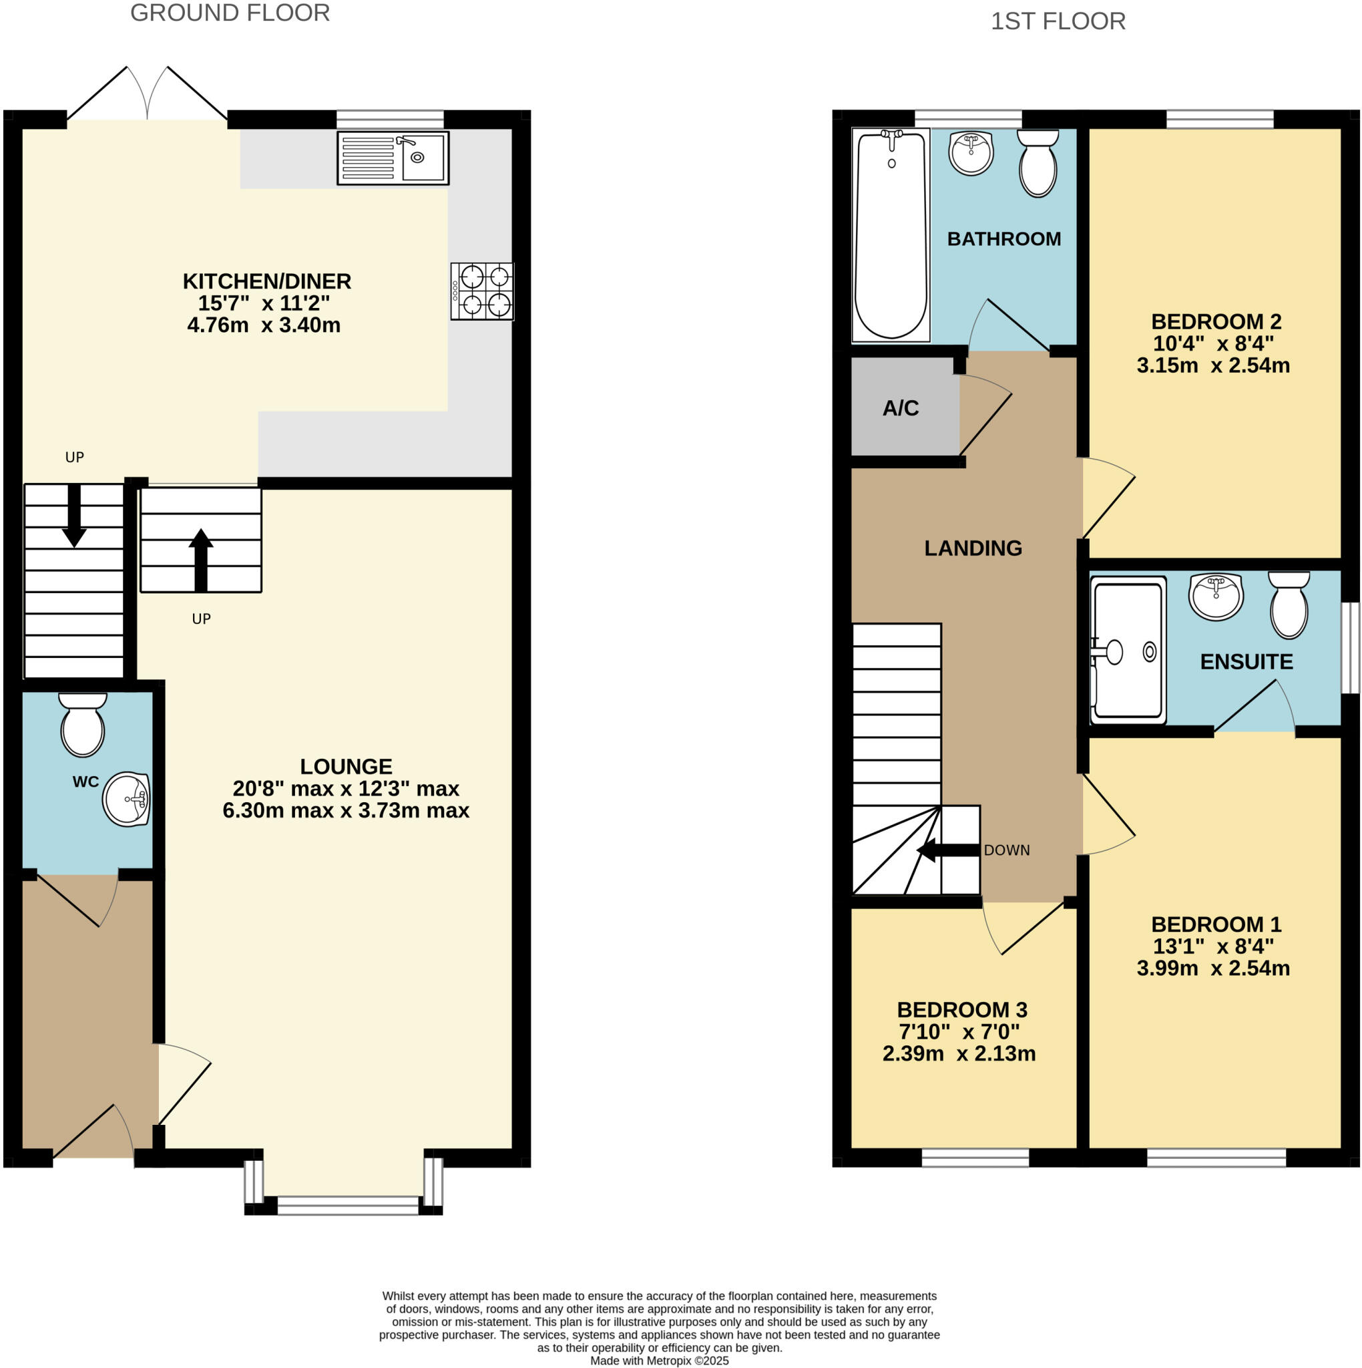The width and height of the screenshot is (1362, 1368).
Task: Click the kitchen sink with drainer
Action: [x=393, y=158]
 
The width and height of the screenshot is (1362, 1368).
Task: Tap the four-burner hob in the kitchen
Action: [x=482, y=291]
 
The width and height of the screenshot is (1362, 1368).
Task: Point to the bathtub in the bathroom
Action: [x=891, y=235]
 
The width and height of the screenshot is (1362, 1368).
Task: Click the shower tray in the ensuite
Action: [x=1128, y=650]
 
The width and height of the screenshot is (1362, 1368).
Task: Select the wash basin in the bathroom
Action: [x=971, y=152]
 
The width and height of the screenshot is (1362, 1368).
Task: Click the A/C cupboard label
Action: [x=901, y=408]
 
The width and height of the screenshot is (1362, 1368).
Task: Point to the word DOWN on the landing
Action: [x=1006, y=850]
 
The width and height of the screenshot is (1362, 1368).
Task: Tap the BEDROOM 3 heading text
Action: [x=961, y=1010]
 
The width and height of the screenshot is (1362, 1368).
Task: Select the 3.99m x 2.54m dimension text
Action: [x=1212, y=968]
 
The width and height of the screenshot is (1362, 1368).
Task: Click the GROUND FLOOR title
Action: [x=230, y=13]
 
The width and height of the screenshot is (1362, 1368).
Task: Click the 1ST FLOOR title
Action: [x=1058, y=21]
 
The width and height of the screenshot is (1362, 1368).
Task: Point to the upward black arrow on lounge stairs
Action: [x=201, y=559]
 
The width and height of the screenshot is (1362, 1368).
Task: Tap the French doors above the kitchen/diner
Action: [x=148, y=96]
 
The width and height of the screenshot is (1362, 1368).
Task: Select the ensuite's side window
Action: [x=1350, y=647]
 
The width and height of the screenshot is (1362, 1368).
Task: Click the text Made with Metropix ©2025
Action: [x=659, y=1360]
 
